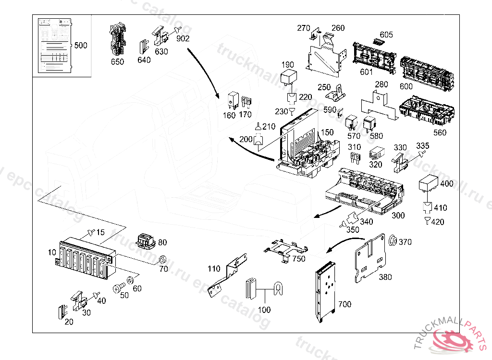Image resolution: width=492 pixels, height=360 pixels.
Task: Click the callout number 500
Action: pos(81,46)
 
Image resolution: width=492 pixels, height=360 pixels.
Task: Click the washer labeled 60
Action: pos(130,280)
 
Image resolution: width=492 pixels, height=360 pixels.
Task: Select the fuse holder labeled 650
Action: pos(117,39)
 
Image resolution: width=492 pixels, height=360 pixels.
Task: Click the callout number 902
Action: pos(183,39)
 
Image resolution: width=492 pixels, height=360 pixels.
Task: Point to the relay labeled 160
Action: pos(233,99)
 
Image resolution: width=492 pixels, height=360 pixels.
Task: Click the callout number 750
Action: pos(299,259)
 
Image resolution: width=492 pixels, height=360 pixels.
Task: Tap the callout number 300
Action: pos(398,216)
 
